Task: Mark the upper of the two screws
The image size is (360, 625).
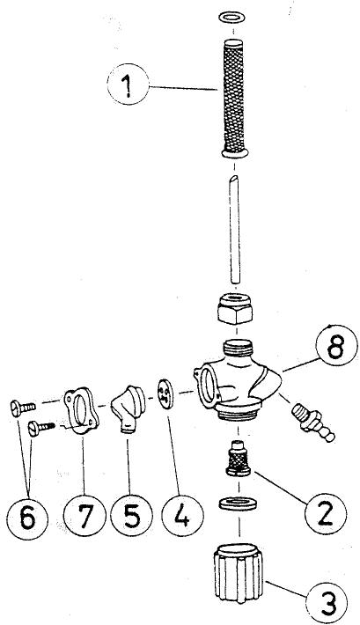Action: coord(22,408)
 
